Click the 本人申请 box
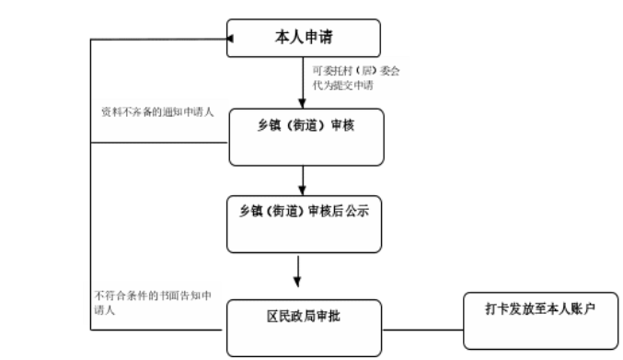point(303,39)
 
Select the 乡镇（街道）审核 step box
point(305,137)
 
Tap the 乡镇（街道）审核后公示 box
point(305,223)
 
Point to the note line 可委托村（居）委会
point(357,69)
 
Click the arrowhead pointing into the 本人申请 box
point(231,40)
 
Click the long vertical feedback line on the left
point(90,184)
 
